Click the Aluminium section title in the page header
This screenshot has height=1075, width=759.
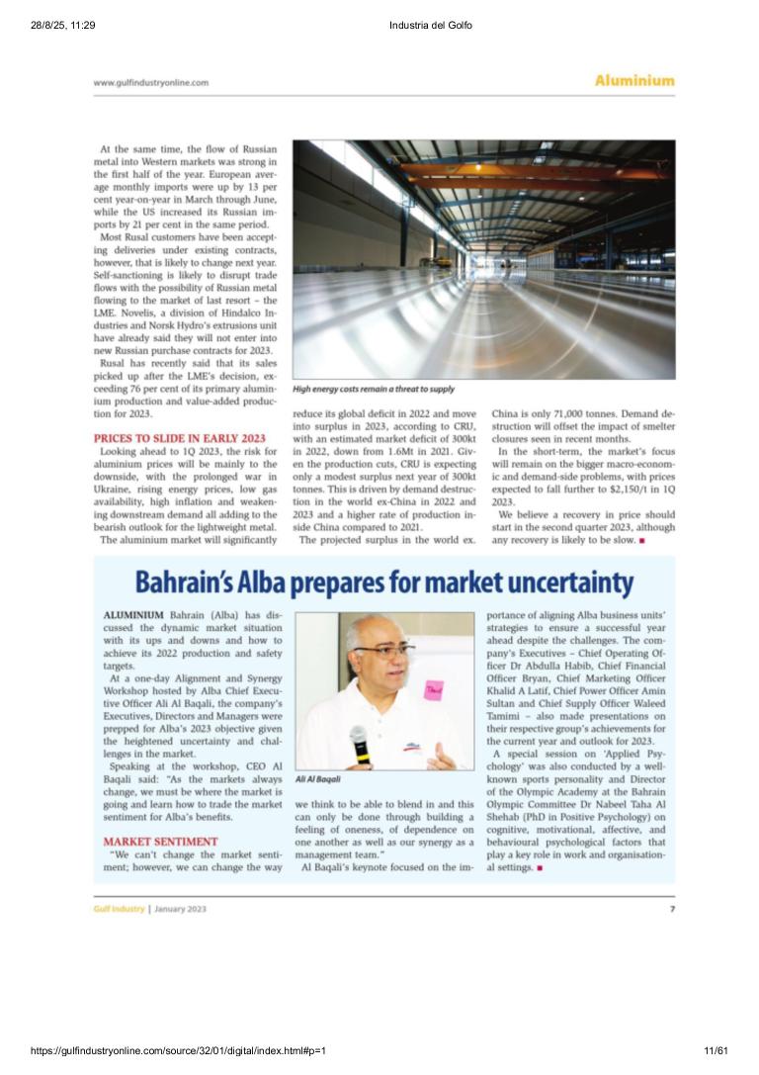(633, 81)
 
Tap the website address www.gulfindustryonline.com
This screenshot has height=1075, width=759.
(150, 83)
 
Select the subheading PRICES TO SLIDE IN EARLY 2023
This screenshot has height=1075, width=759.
(179, 437)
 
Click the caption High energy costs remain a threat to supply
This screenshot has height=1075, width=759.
(374, 390)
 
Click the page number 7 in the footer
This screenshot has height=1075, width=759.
(672, 908)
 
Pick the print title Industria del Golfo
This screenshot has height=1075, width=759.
(431, 25)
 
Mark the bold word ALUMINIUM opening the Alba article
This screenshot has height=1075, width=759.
(134, 616)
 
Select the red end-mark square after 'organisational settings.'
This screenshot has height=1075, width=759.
(540, 867)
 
